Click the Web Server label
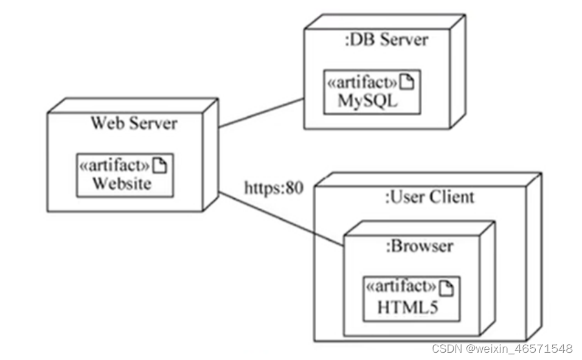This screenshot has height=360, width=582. click(134, 123)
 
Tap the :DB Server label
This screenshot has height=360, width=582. click(386, 40)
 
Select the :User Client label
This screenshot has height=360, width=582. click(430, 197)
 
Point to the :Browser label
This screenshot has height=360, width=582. click(420, 246)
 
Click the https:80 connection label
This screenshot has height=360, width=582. click(273, 188)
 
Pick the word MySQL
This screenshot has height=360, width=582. click(367, 101)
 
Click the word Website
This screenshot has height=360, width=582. click(122, 184)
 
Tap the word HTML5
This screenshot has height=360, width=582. click(407, 308)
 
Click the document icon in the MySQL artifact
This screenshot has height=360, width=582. click(408, 83)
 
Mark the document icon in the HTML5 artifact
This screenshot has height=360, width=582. click(447, 288)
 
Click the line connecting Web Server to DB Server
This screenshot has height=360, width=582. click(262, 113)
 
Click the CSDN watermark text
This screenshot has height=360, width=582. click(502, 348)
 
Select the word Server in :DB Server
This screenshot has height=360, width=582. click(404, 40)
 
